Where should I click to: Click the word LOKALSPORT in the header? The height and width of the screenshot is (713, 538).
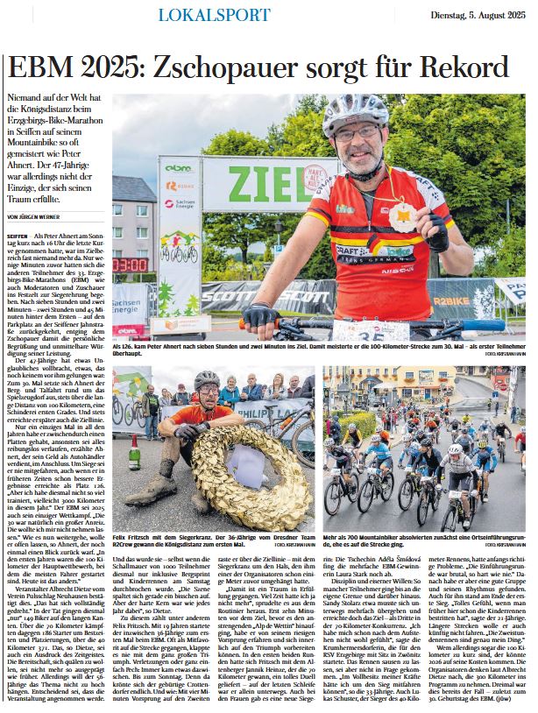pyautogui.click(x=214, y=15)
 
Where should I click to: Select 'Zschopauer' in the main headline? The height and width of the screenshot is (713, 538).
pyautogui.click(x=230, y=67)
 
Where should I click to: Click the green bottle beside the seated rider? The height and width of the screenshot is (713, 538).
pyautogui.click(x=135, y=455)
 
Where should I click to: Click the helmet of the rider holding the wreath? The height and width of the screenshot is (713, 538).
pyautogui.click(x=207, y=379)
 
